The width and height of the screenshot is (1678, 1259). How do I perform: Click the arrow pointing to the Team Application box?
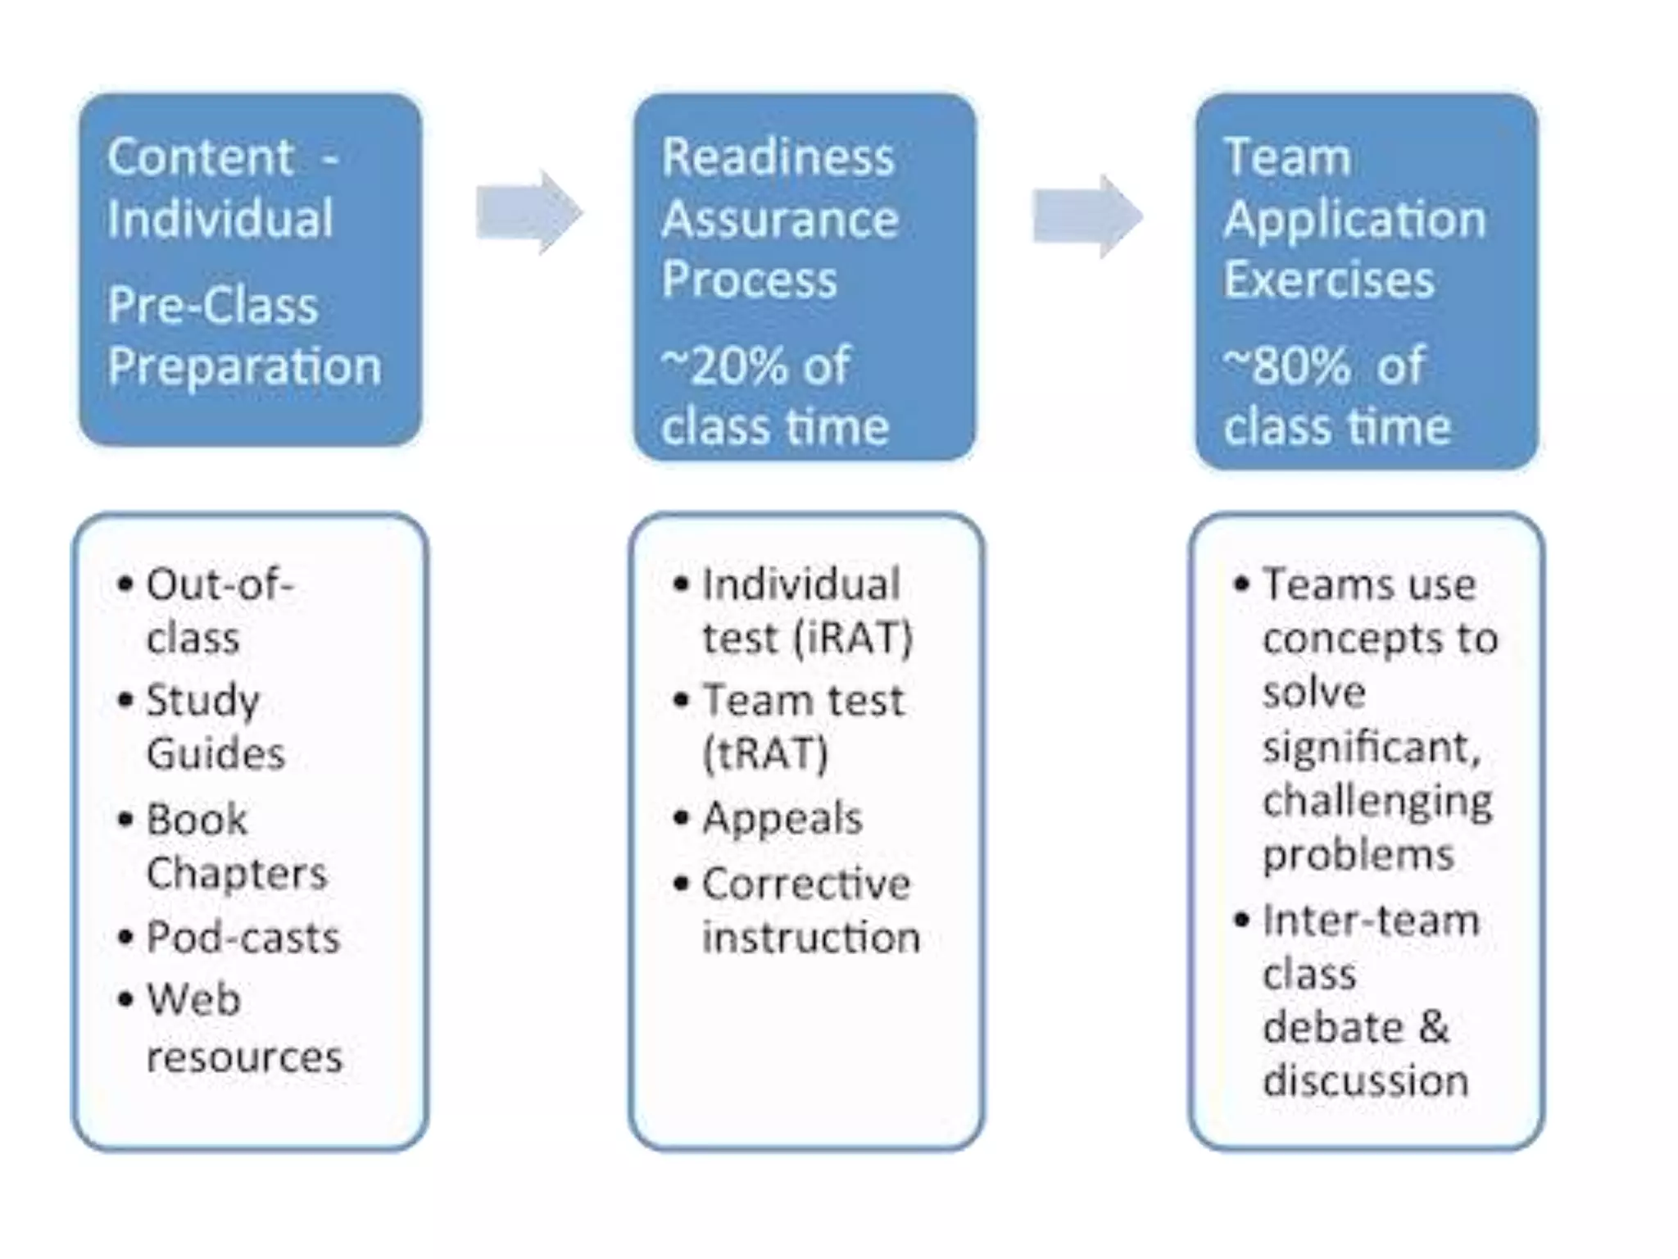(x=1086, y=216)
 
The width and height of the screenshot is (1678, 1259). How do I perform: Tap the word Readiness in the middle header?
(x=777, y=157)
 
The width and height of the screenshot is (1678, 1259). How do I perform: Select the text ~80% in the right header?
(x=1285, y=366)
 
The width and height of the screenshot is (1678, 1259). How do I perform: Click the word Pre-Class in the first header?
(x=212, y=306)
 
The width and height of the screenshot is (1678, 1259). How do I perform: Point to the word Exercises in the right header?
(x=1328, y=280)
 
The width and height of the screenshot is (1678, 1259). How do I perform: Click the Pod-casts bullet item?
(x=243, y=937)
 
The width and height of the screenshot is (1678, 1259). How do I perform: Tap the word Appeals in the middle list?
(x=782, y=818)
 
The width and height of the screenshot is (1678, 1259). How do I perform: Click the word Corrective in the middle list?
(x=805, y=884)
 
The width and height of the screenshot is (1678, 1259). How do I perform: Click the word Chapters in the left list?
(x=236, y=873)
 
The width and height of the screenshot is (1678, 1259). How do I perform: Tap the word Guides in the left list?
(x=215, y=753)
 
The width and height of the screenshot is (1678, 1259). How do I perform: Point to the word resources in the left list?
(x=244, y=1057)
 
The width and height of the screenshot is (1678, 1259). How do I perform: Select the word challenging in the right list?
(x=1377, y=801)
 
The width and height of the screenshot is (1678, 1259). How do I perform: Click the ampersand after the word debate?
(x=1434, y=1027)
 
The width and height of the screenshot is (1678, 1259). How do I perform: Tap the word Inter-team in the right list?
(x=1371, y=920)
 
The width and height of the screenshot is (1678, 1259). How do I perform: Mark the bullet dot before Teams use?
(x=1241, y=584)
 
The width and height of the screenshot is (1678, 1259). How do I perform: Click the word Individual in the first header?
(x=220, y=219)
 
